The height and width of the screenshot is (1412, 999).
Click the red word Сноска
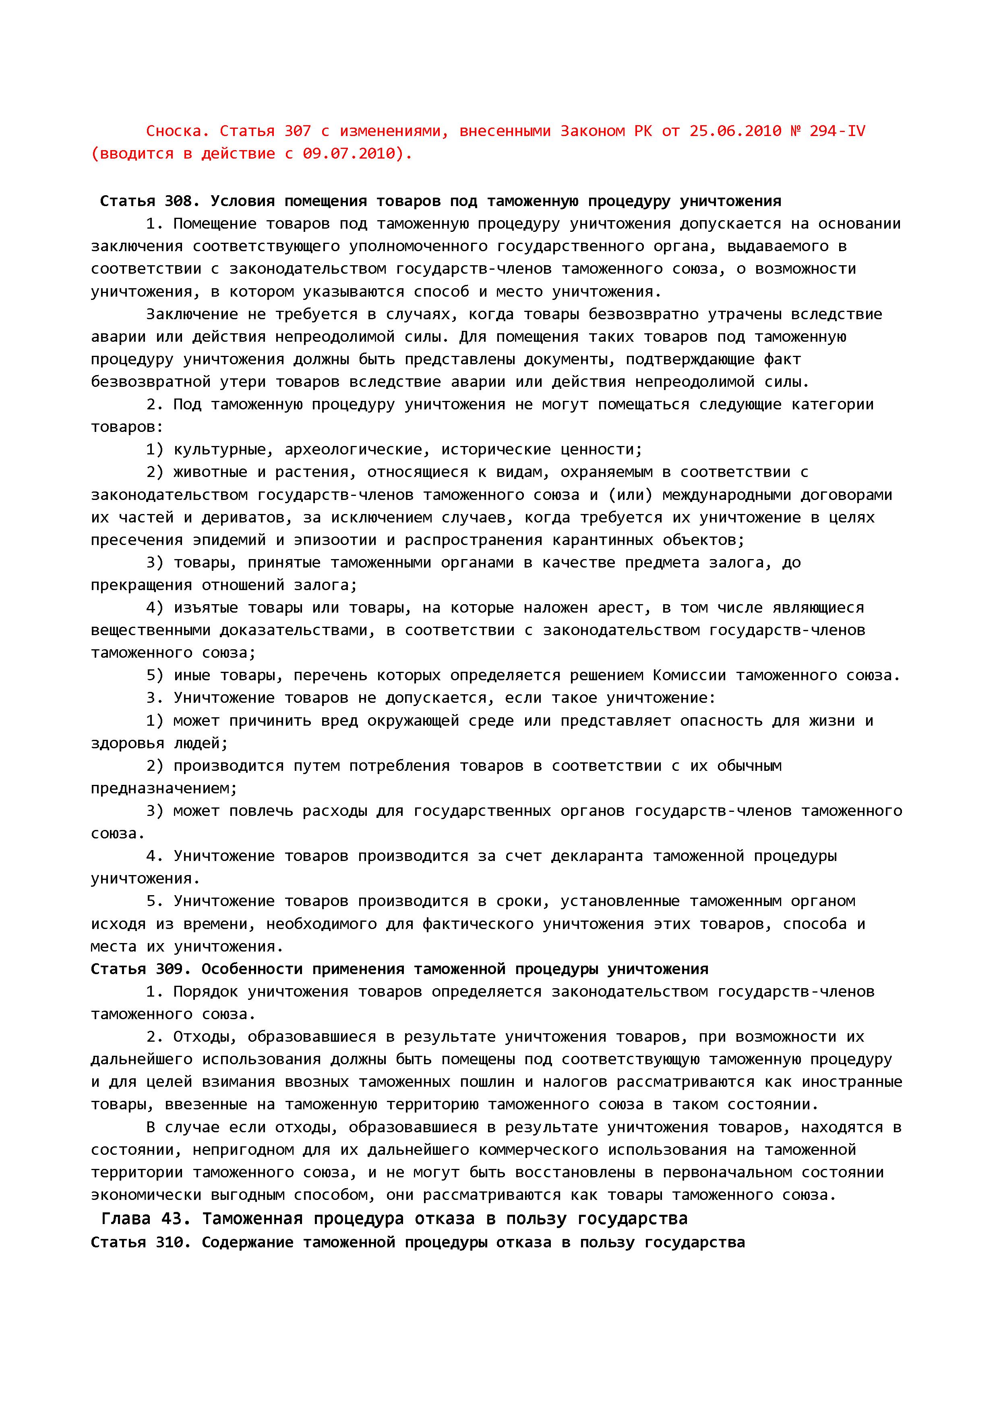coord(174,131)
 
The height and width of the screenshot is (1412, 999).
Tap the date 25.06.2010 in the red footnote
coord(735,131)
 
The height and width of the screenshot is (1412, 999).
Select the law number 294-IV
coord(837,131)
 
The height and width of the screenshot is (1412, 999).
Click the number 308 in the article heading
coord(178,201)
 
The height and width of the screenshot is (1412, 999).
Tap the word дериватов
coord(242,518)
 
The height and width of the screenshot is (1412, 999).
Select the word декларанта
coord(597,856)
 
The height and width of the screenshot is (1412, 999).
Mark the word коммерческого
coord(538,1150)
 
